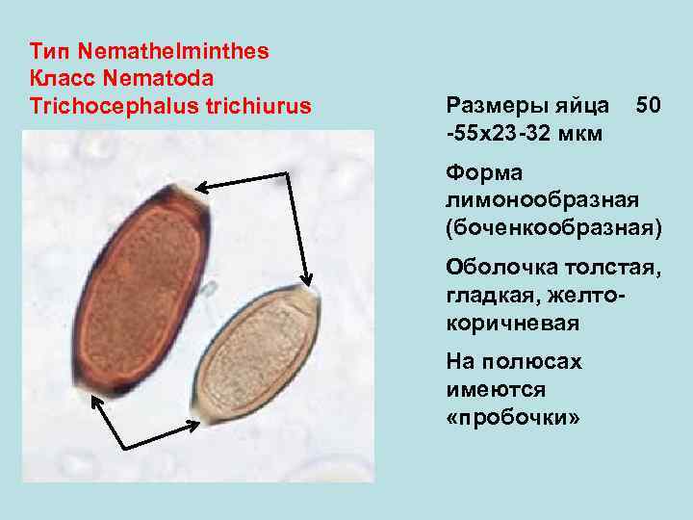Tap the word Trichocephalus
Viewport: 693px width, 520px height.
click(115, 104)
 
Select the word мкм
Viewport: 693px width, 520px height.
click(581, 131)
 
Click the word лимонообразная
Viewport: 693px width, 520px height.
click(541, 201)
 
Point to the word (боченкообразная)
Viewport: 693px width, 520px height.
click(552, 229)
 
